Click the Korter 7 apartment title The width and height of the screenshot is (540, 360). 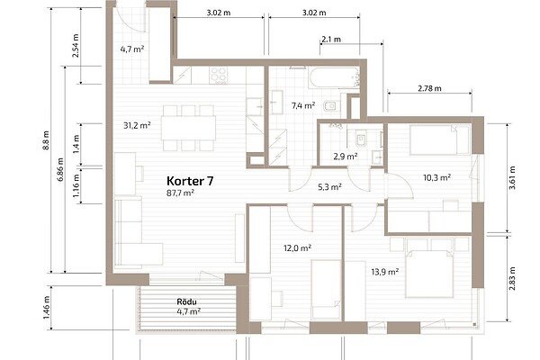coord(190,181)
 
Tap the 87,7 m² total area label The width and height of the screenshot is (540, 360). coord(181,193)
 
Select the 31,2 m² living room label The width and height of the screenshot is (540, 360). coord(137,125)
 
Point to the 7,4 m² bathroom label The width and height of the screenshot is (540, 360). coord(303,105)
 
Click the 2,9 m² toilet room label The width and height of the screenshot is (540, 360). coord(346,157)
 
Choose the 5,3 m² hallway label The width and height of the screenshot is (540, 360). coord(329,187)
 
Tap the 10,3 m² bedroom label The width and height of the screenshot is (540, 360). coord(437,178)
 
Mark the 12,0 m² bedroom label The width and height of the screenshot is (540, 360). coord(298,248)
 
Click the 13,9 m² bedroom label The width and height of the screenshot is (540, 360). coord(385,272)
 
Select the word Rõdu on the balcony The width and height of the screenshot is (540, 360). coord(186,302)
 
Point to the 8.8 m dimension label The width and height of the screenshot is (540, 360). coord(47,140)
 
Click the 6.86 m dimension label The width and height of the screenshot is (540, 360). coord(60,169)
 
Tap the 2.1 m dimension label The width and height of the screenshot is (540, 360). coord(331,40)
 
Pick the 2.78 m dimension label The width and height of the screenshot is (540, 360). coord(430,88)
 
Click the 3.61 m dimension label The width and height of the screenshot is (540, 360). coord(512,178)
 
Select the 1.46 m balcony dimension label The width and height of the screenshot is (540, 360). coord(47,308)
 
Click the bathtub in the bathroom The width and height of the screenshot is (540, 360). coord(334,78)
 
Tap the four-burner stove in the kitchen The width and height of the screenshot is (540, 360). coord(219,75)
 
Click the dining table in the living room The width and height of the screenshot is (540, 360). coord(188,128)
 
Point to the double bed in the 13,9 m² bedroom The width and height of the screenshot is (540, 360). coord(429,274)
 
